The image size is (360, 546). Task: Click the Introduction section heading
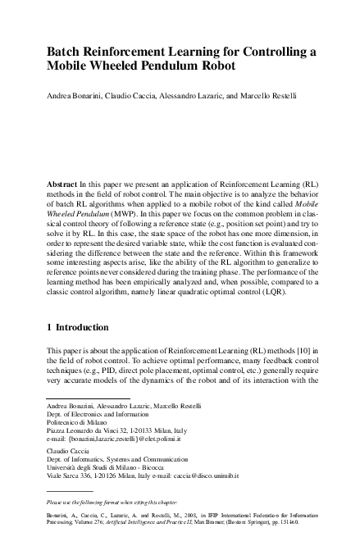84,328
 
